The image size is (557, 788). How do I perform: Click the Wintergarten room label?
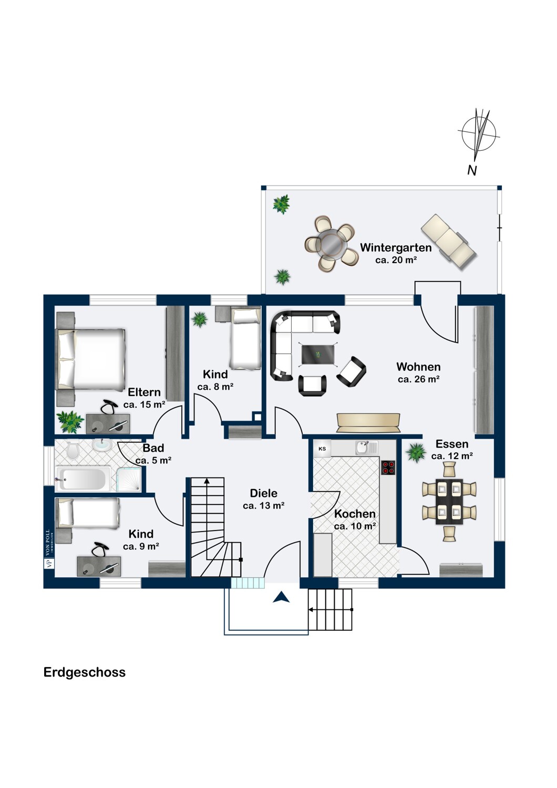(x=396, y=247)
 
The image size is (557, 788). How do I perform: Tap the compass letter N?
(x=472, y=171)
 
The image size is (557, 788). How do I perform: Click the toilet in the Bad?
(x=73, y=450)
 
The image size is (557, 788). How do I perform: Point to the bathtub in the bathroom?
(x=83, y=479)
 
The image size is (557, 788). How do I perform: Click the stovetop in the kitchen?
(x=388, y=468)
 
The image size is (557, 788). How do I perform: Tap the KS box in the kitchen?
(x=322, y=449)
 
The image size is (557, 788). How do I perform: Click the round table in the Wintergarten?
(x=332, y=243)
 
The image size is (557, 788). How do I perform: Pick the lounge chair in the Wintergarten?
(x=449, y=242)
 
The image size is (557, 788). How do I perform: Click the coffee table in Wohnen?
(x=318, y=354)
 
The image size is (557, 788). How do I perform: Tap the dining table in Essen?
(x=449, y=501)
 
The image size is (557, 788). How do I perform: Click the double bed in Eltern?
(x=90, y=359)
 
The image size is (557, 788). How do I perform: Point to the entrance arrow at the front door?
(x=281, y=597)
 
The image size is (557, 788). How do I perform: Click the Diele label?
(x=264, y=493)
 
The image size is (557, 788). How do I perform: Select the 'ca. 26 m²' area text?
(x=419, y=380)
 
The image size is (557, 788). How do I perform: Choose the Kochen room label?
(x=355, y=514)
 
